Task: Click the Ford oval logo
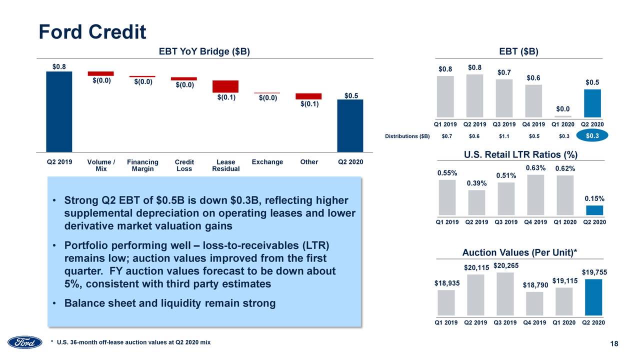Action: coord(24,342)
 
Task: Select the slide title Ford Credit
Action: coord(92,32)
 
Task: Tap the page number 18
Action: coord(614,343)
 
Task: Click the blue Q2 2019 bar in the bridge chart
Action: coord(59,111)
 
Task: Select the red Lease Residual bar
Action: coord(225,86)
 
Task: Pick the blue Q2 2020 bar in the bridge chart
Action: coord(350,125)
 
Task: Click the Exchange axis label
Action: coord(267,162)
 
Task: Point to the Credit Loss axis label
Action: coord(184,165)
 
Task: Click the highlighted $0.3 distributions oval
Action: coord(592,136)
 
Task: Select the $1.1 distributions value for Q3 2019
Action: coord(504,136)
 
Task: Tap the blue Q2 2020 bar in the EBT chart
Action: coord(592,103)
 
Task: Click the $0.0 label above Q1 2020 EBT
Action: coord(563,108)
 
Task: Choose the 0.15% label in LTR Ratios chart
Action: coord(594,198)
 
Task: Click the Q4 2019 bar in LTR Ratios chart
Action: coord(535,194)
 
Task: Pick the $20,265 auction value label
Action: coord(505,265)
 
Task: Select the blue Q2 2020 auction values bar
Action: coord(593,297)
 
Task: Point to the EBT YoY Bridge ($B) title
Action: coord(204,51)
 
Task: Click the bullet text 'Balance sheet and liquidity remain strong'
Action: coord(170,303)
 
